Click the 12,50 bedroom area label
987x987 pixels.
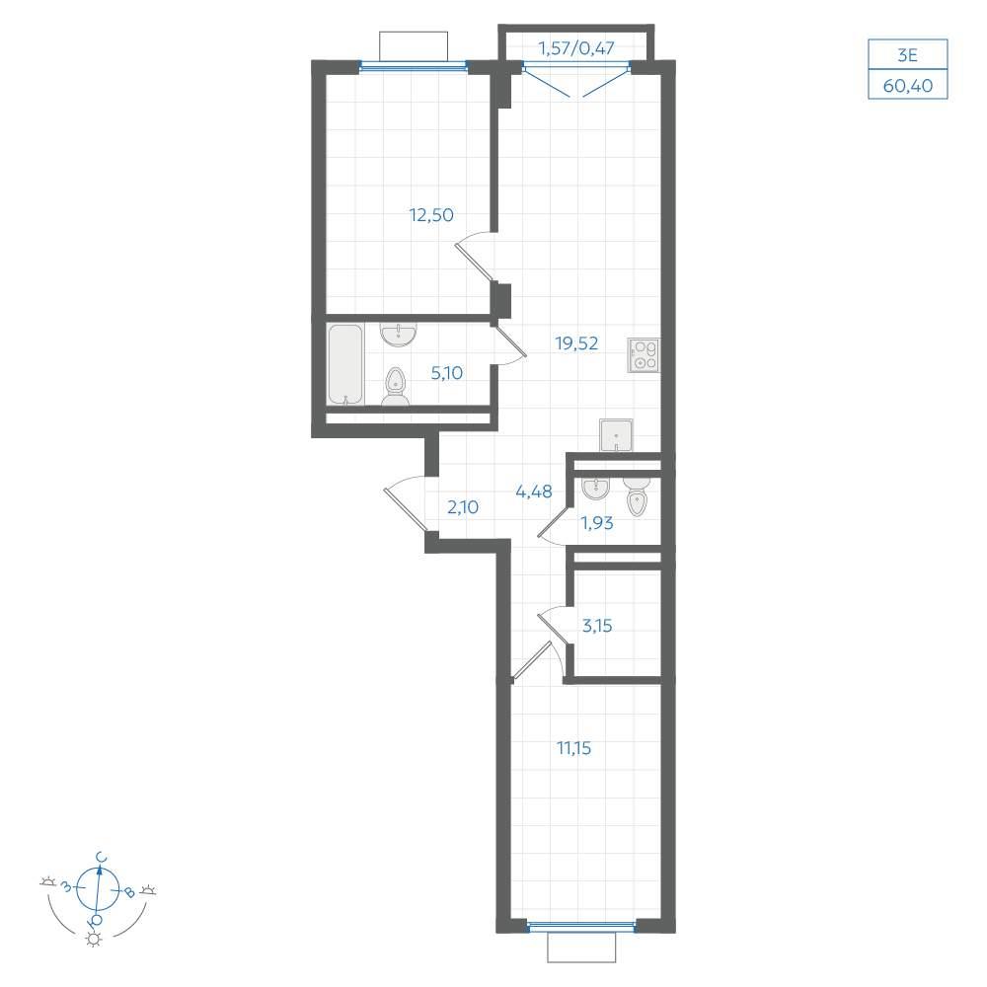pos(431,215)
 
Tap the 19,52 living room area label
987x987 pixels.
pos(576,343)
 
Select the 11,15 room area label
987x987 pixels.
pos(574,748)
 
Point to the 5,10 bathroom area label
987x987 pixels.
pos(447,373)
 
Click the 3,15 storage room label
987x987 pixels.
pos(597,626)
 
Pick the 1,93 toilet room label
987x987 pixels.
pos(597,523)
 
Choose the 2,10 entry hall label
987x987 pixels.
pos(463,507)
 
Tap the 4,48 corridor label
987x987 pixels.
pos(534,492)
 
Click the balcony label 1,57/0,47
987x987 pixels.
pos(576,47)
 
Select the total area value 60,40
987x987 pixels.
pos(908,85)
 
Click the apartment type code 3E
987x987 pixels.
pos(908,55)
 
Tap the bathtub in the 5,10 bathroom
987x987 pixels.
pos(345,364)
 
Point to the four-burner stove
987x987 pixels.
pos(644,355)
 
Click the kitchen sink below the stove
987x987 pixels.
pos(616,435)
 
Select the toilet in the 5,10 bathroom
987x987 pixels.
pos(396,387)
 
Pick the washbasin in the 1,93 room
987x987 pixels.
pos(595,489)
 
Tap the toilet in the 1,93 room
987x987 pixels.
pos(637,495)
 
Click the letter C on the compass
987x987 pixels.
pos(100,857)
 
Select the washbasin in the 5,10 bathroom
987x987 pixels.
pos(399,335)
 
